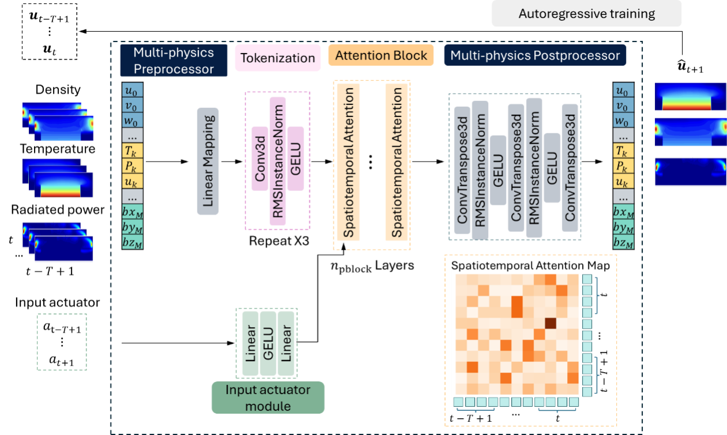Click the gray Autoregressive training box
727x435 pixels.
click(x=586, y=13)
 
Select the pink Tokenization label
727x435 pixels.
click(x=278, y=58)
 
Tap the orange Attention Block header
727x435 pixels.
click(x=381, y=55)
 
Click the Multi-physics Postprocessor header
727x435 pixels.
click(x=535, y=55)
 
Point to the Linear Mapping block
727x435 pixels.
click(x=209, y=162)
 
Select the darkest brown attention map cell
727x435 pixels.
click(x=551, y=323)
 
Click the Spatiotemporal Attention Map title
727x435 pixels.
click(x=530, y=266)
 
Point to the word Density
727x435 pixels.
click(x=58, y=90)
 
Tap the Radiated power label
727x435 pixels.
click(x=58, y=210)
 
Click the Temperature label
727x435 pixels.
click(x=58, y=149)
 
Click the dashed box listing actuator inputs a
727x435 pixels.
click(x=61, y=341)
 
